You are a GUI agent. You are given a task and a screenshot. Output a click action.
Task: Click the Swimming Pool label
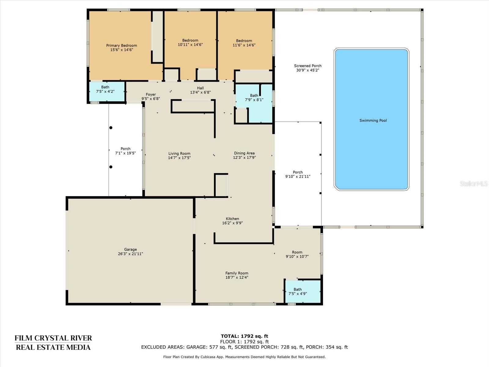(x=373, y=120)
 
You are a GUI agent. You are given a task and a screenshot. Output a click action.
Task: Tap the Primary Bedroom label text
(x=122, y=46)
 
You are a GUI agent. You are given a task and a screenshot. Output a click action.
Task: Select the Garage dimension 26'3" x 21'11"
(x=131, y=254)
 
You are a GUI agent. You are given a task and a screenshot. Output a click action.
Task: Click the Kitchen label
(x=232, y=219)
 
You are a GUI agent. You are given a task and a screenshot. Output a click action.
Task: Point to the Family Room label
(x=237, y=273)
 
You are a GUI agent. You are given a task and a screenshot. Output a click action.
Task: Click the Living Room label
(x=179, y=154)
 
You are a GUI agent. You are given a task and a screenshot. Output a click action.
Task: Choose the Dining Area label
(x=244, y=153)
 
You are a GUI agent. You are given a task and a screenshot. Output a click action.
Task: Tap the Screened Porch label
(x=308, y=66)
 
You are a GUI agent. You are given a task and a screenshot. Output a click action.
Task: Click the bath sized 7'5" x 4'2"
(x=105, y=89)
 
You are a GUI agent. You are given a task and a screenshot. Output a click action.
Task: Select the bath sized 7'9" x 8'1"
(x=254, y=98)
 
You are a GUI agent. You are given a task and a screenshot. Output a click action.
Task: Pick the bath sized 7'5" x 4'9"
(x=298, y=291)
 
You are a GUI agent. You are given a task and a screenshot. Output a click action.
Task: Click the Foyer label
(x=151, y=95)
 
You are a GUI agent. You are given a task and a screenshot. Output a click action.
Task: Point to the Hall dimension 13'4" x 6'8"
(x=200, y=92)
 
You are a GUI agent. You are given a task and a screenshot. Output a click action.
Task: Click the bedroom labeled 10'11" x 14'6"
(x=190, y=43)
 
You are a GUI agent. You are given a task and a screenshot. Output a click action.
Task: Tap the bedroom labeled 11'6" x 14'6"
(x=244, y=43)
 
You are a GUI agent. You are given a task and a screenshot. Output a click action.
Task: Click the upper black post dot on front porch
(x=111, y=128)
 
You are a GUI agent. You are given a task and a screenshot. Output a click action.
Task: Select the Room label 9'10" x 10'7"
(x=297, y=254)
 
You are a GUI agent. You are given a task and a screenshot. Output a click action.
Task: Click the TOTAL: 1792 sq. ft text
(x=244, y=336)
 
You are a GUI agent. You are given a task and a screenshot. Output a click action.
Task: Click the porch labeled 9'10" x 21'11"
(x=298, y=174)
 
